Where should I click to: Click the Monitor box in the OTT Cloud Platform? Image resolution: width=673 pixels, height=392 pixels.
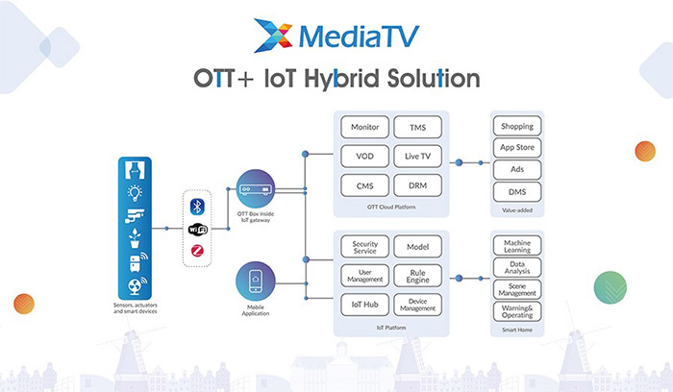tap(365, 126)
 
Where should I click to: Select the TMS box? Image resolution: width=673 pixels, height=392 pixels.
tap(418, 126)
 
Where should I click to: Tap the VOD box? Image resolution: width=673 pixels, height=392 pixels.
tap(365, 156)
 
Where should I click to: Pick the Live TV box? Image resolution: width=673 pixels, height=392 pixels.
tap(418, 156)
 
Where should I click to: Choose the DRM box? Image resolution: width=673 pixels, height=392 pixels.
tap(418, 185)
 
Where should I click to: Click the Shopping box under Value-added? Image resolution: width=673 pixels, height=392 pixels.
tap(517, 126)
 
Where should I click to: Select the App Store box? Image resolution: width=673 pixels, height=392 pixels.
tap(517, 147)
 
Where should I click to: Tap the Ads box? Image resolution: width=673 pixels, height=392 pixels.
tap(517, 168)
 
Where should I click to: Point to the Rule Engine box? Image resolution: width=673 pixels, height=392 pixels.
tap(418, 276)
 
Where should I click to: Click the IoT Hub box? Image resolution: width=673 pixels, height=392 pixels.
tap(365, 305)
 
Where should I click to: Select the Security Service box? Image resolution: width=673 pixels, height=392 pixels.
tap(365, 246)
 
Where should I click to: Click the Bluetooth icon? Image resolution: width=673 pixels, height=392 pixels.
tap(198, 208)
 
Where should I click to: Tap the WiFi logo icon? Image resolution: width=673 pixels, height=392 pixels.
tap(198, 230)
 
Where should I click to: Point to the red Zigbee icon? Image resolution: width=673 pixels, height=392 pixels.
tap(198, 251)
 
